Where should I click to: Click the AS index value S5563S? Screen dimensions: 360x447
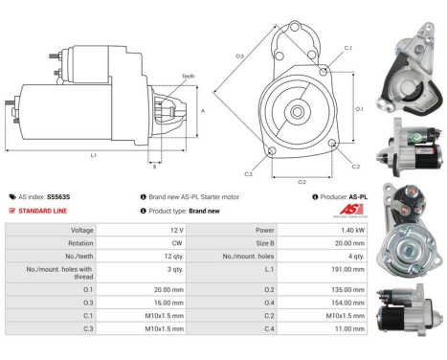click(59, 196)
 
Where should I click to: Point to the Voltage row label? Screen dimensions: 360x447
click(81, 231)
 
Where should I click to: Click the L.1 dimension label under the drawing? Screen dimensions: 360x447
click(93, 155)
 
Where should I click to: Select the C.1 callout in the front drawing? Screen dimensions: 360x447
click(346, 47)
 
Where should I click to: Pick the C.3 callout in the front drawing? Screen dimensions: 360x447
click(247, 174)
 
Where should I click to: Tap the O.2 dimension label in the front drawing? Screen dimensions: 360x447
click(300, 181)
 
